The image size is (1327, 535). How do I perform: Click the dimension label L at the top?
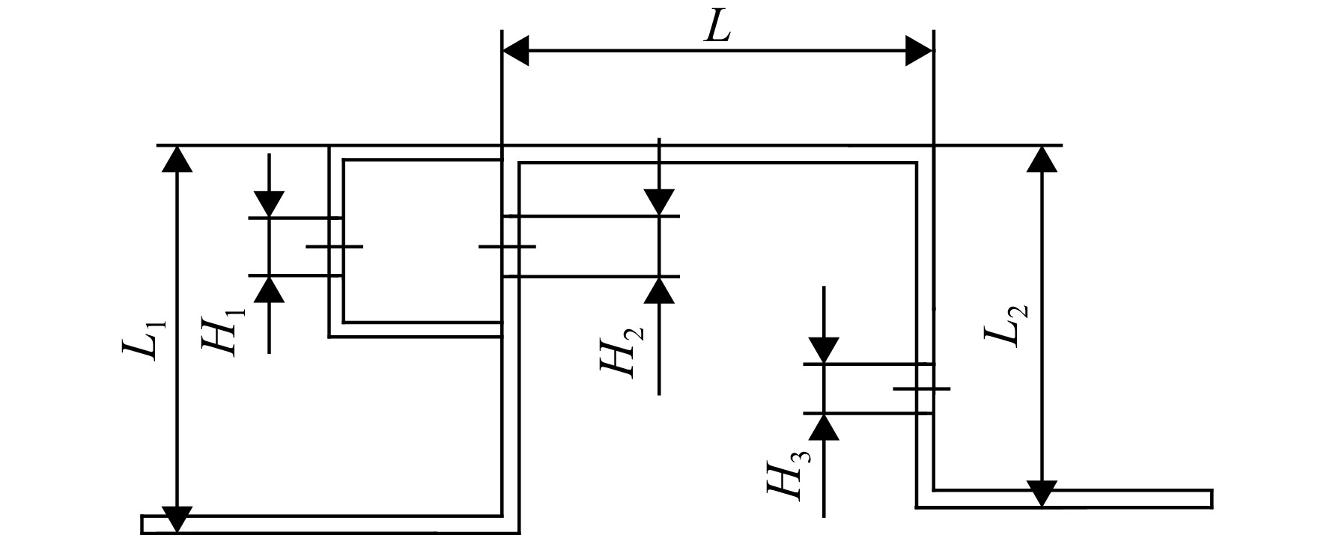tap(717, 28)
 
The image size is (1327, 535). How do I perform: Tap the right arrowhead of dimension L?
tap(920, 51)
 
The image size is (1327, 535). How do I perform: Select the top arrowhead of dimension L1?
tap(177, 159)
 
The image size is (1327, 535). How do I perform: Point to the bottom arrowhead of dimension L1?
tap(177, 519)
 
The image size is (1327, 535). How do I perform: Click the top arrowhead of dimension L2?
tap(1042, 159)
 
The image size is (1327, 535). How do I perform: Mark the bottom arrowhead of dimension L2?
tap(1042, 494)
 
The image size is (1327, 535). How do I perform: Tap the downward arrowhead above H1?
tap(269, 204)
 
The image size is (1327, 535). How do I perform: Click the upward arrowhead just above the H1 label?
tap(269, 289)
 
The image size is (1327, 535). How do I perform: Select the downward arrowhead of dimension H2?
tap(659, 203)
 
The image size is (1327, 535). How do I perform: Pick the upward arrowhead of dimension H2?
tap(659, 290)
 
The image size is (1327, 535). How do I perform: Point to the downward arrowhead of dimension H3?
tap(824, 350)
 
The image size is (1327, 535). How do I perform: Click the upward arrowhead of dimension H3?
tap(824, 427)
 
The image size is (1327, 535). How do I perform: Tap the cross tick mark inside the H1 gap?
tap(335, 246)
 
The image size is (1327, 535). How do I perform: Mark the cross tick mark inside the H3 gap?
tap(922, 388)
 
